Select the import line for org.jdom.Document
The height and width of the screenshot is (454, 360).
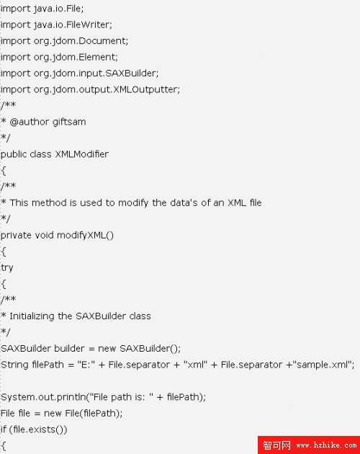tap(64, 41)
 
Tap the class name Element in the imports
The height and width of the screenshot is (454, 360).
tap(97, 57)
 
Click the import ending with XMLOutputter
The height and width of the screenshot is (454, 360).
tap(90, 89)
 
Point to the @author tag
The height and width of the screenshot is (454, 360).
tap(30, 122)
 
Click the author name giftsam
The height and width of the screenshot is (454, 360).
tap(69, 122)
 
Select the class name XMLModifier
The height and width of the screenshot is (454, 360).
tap(81, 154)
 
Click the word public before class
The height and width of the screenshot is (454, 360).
tap(14, 154)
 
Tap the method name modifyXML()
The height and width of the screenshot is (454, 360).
tap(85, 235)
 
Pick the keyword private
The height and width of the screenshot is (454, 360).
tap(16, 235)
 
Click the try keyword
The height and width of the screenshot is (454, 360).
tap(7, 268)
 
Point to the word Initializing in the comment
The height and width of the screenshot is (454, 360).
tap(32, 316)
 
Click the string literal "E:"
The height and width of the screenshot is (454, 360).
tap(86, 365)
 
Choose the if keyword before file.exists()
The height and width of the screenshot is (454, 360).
tap(4, 429)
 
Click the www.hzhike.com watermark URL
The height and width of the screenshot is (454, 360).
tap(326, 445)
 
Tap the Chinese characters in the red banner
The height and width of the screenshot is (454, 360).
tap(276, 445)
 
